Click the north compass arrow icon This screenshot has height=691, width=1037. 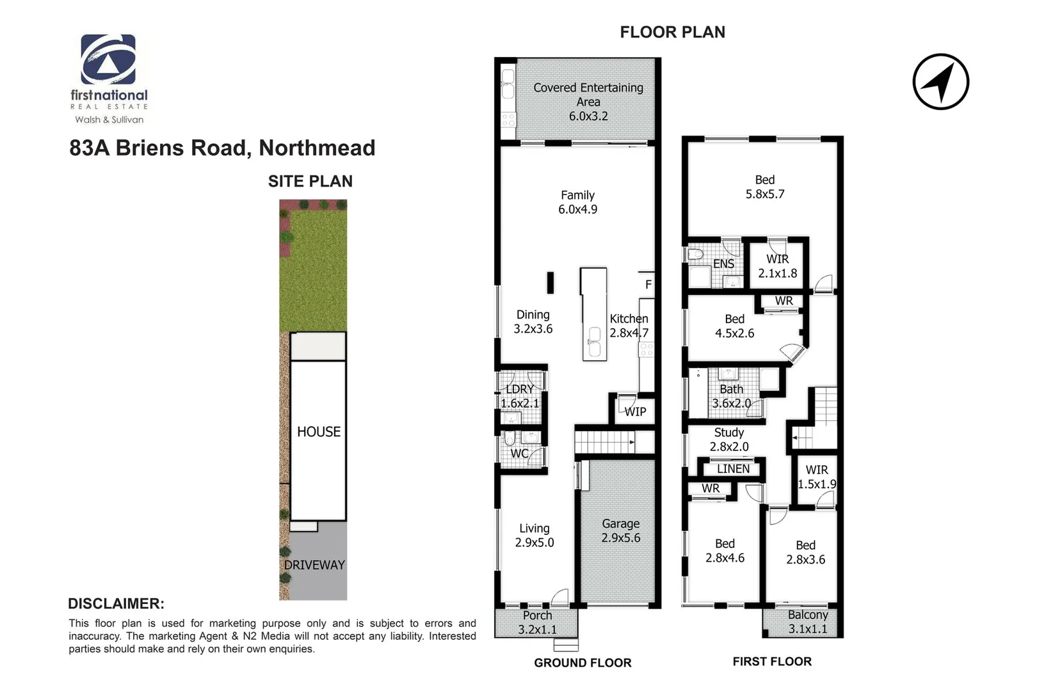pos(940,82)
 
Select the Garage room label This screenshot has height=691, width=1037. pos(620,530)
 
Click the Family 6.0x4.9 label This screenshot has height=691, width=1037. pos(577,202)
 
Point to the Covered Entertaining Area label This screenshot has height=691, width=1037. pos(588,101)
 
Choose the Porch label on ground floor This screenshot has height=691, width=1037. pos(537,622)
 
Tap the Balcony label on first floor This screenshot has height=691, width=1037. pos(807,621)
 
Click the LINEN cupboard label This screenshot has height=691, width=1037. pos(733,469)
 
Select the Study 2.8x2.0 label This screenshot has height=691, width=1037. pos(728,440)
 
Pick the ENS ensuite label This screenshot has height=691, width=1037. pos(723,264)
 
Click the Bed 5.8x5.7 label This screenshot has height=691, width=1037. pos(764,187)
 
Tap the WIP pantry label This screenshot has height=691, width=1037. pos(635,412)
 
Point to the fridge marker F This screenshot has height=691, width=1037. pos(648,285)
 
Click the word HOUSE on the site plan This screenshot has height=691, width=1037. pos(319,432)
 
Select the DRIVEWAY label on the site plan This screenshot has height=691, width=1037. pos(314,565)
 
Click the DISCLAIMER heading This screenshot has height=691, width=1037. pos(116,603)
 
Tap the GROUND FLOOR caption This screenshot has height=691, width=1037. pos(583,663)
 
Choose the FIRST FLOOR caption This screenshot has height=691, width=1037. pos(772,662)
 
